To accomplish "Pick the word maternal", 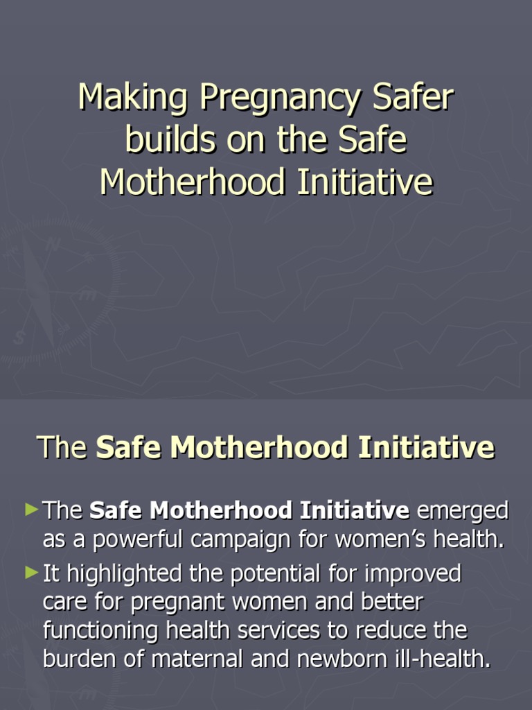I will [194, 659].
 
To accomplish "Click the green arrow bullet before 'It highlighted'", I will [32, 573].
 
